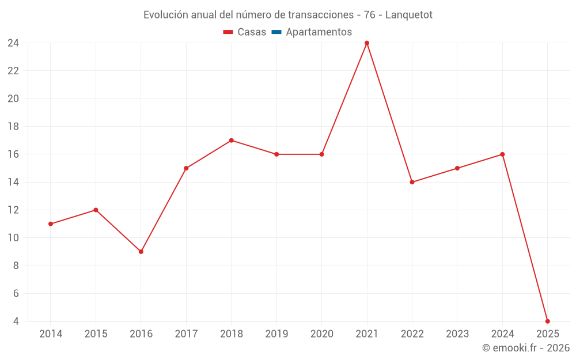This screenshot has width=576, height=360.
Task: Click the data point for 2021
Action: pos(367,43)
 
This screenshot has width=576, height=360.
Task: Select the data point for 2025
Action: pos(547,321)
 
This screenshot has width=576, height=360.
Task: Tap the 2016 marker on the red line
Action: pos(141,252)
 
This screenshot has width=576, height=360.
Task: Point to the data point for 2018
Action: pos(232,141)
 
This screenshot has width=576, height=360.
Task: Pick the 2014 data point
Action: pos(51,223)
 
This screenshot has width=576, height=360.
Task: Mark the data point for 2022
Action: pos(412,182)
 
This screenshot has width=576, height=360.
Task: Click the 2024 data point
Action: pos(502,154)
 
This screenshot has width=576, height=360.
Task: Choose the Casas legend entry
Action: pos(252,32)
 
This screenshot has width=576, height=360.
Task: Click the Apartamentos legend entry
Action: pos(319,32)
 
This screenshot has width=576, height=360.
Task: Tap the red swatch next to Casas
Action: pos(228,32)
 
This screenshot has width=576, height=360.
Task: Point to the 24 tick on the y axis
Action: pos(13,43)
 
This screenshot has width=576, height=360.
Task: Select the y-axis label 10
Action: pos(13,238)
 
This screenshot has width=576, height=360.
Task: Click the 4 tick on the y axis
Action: pos(16,321)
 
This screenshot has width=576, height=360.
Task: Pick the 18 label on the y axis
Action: pos(13,127)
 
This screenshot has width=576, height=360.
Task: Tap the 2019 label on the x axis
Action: pos(276,334)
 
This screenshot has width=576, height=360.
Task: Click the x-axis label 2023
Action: pos(457,334)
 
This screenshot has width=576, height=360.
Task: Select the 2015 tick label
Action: pos(96,334)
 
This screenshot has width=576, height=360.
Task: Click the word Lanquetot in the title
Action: pos(408,15)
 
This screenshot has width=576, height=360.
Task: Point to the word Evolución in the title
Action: pos(165,15)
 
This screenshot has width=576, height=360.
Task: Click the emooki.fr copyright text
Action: pos(526,348)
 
